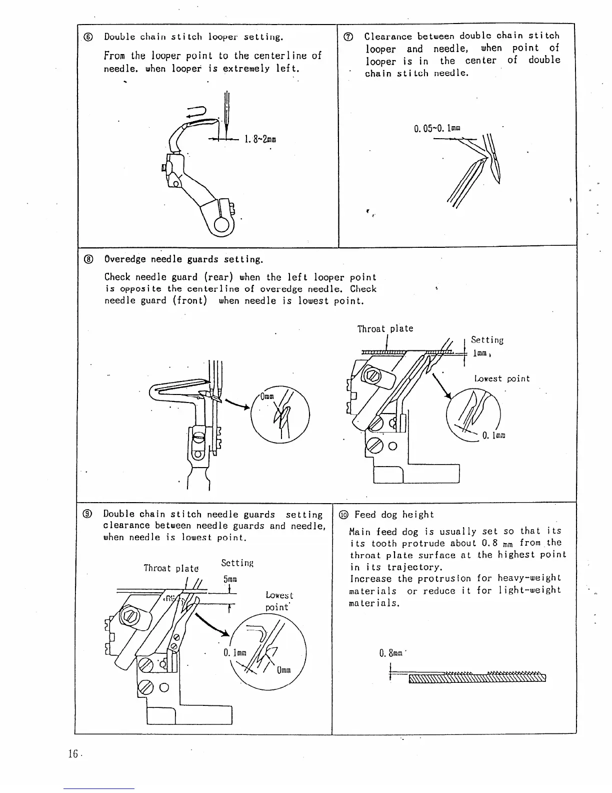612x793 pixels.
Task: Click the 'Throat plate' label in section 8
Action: click(385, 328)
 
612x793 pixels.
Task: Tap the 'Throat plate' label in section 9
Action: click(170, 568)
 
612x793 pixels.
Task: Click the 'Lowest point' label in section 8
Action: click(501, 378)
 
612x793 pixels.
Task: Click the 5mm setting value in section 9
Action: click(229, 579)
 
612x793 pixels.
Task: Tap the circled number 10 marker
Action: click(343, 515)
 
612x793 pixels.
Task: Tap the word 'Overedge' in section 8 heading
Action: click(124, 259)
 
